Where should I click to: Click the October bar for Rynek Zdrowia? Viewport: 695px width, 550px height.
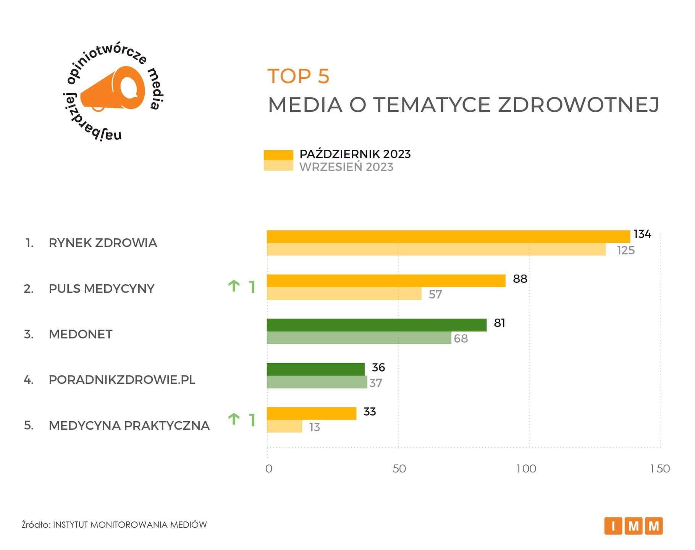point(448,236)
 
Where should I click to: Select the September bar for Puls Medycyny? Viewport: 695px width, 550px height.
point(344,293)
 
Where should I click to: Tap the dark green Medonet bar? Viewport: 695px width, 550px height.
point(376,325)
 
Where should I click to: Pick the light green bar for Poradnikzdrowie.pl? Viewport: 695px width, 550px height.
point(317,382)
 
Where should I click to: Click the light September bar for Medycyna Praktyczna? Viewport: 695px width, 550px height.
point(284,426)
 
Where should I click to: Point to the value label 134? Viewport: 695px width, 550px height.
point(642,234)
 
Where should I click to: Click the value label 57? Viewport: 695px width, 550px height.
point(435,294)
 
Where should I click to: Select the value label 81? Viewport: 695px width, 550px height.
point(499,323)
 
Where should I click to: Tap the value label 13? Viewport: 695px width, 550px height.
point(314,427)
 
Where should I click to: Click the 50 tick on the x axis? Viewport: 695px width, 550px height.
point(399,469)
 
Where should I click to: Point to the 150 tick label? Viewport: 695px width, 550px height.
point(659,469)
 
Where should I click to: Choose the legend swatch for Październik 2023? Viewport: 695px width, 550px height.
point(278,155)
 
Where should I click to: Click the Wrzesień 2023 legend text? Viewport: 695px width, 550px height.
point(346,167)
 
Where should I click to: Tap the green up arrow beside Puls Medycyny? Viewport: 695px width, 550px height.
point(234,286)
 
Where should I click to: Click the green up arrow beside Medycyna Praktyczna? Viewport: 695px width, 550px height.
point(234,419)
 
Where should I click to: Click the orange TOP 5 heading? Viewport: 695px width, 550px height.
point(298,76)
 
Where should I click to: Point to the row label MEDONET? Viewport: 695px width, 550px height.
point(81,334)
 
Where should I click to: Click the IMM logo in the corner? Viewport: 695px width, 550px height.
point(633,526)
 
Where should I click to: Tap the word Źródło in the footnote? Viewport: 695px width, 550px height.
point(36,525)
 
